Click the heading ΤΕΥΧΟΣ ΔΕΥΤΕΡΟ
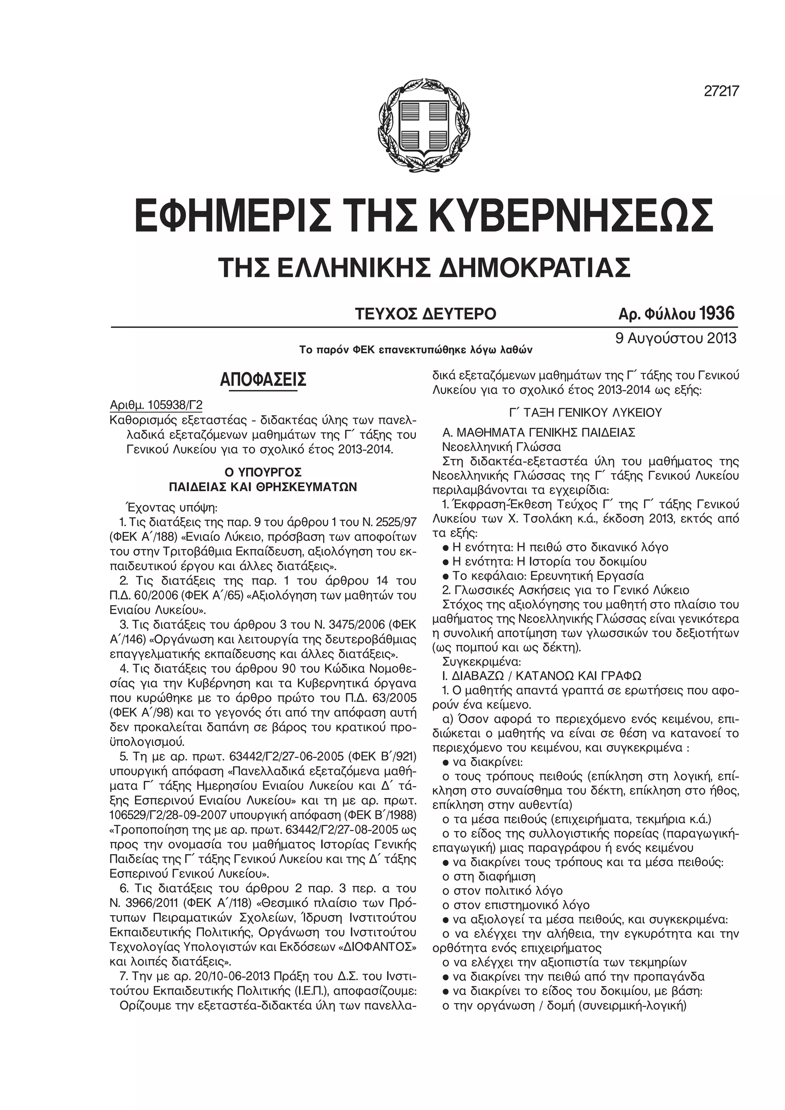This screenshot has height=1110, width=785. tap(425, 314)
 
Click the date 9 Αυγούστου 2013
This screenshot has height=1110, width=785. tap(676, 338)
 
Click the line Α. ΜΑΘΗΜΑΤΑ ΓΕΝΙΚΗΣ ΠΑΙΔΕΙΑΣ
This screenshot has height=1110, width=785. tap(539, 433)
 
